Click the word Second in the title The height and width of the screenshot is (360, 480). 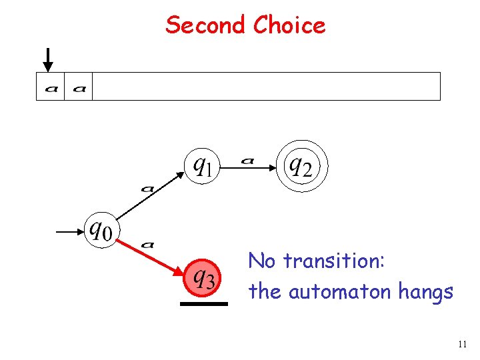click(x=206, y=25)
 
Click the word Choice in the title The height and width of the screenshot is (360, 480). click(x=289, y=25)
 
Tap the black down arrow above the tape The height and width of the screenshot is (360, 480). click(x=47, y=59)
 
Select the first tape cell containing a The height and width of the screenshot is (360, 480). click(x=50, y=87)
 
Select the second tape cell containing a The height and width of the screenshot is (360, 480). click(x=78, y=87)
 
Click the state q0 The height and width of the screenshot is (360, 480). click(x=99, y=230)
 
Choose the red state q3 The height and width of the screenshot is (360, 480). click(x=201, y=276)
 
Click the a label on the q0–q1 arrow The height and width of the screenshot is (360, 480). click(x=148, y=189)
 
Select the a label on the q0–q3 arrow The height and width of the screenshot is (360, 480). click(x=148, y=245)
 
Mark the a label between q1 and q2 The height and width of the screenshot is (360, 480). click(x=247, y=160)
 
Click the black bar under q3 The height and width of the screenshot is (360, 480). click(x=203, y=303)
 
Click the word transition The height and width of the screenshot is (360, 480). click(x=334, y=261)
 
